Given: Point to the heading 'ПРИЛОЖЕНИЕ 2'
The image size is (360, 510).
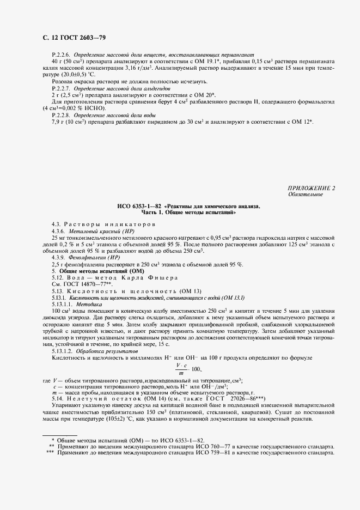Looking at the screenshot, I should click(312, 188).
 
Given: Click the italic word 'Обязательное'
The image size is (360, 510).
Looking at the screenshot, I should click(305, 194).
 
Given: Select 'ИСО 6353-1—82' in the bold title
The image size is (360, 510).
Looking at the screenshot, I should click(140, 207).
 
